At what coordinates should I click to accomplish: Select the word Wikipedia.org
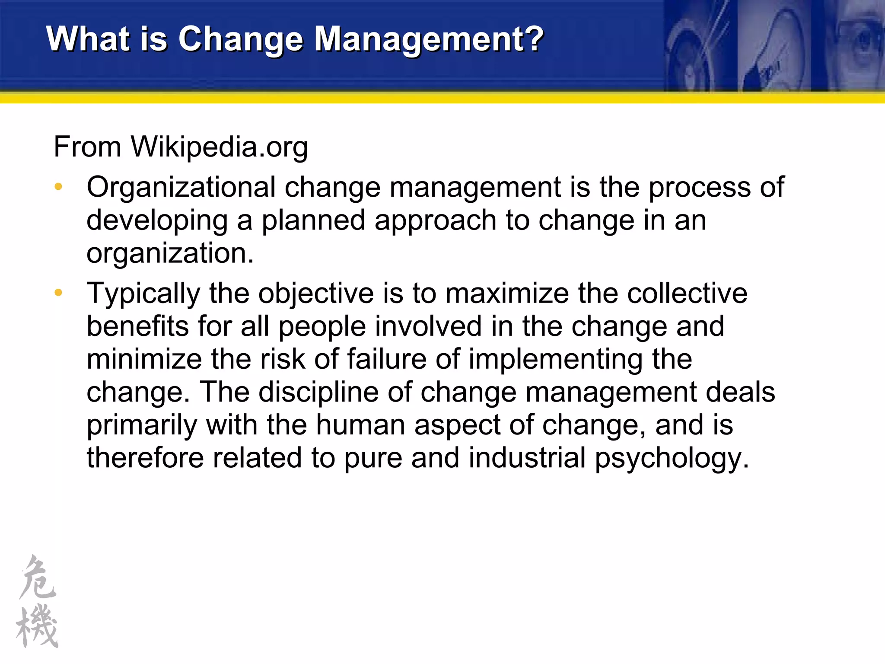(220, 147)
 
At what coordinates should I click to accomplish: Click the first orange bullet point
(58, 187)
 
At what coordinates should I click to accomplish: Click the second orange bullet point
(58, 293)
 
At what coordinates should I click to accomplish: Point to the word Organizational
(181, 187)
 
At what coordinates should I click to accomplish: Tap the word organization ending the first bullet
(169, 253)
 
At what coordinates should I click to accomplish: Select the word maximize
(507, 294)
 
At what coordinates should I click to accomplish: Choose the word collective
(687, 294)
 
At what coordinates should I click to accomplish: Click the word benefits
(137, 326)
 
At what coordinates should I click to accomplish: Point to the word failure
(386, 359)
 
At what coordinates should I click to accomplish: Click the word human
(360, 425)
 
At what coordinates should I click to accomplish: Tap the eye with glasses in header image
(860, 41)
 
